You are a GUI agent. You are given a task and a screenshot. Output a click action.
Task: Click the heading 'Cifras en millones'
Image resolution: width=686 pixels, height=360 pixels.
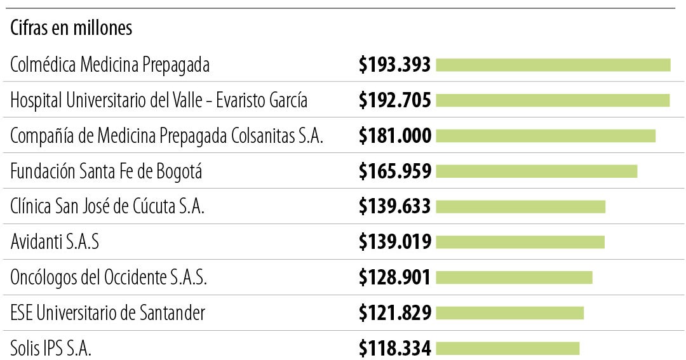point(71,29)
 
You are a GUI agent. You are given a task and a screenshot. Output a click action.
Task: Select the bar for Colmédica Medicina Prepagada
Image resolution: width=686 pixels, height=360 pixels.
point(553,65)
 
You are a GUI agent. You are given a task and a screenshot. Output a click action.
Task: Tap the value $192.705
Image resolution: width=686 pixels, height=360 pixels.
point(394,100)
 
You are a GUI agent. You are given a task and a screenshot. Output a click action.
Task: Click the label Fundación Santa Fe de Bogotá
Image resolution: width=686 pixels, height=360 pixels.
point(107,171)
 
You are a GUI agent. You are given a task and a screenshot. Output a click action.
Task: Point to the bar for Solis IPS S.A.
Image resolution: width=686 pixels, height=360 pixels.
point(508,348)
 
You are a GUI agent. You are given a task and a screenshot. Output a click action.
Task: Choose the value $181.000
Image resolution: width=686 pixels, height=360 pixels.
point(394,136)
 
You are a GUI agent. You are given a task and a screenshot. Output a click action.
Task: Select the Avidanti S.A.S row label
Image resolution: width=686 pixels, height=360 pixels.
point(55,242)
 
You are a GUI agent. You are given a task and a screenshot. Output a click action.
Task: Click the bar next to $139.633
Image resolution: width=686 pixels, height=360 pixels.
point(520,206)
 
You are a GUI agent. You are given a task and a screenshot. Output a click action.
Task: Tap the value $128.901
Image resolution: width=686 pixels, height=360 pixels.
point(394,277)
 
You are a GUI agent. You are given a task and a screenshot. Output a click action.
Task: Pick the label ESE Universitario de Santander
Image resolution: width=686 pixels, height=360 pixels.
point(108,313)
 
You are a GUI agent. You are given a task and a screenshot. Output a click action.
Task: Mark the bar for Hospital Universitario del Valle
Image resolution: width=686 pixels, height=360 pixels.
point(553,100)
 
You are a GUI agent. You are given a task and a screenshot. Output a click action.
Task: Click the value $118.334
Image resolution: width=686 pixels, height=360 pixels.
point(394,348)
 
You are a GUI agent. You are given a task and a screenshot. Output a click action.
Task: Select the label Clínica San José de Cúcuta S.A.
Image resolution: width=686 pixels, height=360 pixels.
point(107,207)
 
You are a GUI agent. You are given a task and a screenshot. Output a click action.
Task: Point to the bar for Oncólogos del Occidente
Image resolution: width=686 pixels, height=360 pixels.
point(514,277)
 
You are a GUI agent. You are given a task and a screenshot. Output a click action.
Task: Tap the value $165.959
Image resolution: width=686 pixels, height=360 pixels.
point(394,171)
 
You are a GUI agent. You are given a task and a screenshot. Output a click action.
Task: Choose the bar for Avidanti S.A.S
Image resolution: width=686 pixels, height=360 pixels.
point(520,242)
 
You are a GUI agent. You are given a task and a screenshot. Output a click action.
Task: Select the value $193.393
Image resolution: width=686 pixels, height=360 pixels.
point(394,65)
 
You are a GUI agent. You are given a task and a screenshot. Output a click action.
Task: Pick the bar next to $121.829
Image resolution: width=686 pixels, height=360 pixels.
point(509,313)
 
